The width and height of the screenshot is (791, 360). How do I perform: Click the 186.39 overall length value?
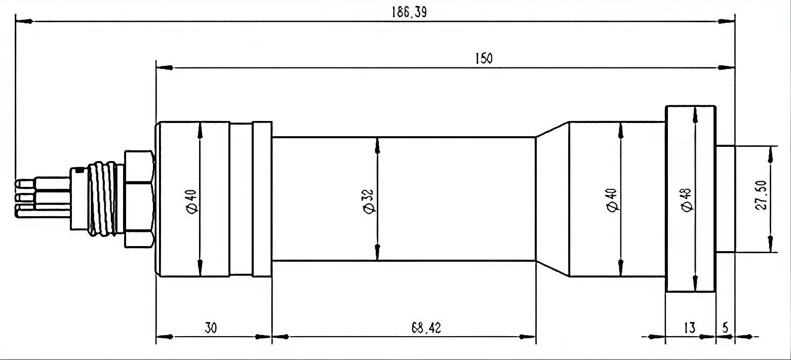tap(409, 12)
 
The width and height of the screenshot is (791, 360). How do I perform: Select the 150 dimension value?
tap(484, 58)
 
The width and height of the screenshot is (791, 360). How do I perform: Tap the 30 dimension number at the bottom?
tap(211, 328)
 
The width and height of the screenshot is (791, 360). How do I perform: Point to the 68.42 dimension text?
tap(426, 328)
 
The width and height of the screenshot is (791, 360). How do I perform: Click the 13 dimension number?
tap(690, 328)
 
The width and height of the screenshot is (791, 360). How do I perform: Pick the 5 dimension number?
tap(725, 328)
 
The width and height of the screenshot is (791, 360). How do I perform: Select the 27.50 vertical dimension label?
tap(761, 195)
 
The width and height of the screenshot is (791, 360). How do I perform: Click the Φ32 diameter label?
tap(368, 202)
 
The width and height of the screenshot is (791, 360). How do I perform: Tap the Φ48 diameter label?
tap(687, 200)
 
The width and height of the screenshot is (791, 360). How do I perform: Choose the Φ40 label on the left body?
tap(191, 202)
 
